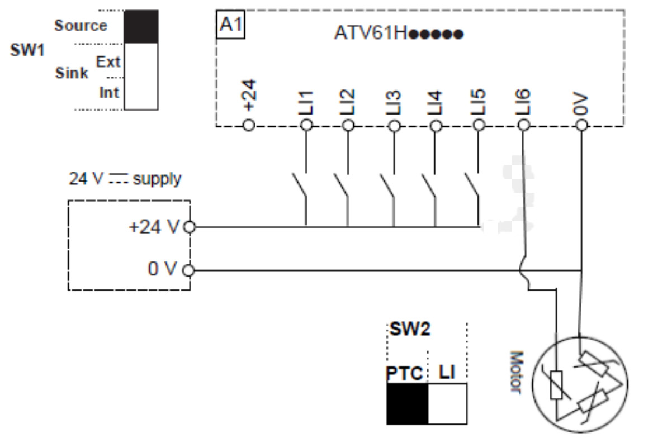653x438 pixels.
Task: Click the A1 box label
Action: [x=230, y=25]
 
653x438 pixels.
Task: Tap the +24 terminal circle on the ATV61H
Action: [x=249, y=125]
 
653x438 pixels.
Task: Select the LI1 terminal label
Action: [x=306, y=102]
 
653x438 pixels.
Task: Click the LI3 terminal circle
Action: [x=394, y=125]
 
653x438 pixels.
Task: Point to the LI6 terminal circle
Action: [x=523, y=125]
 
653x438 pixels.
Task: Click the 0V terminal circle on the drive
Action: [x=582, y=125]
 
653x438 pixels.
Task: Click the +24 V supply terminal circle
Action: [x=190, y=227]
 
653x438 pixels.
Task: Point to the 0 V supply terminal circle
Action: [x=188, y=270]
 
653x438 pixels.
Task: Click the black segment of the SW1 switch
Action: [x=141, y=27]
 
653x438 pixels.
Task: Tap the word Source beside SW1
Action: [x=81, y=25]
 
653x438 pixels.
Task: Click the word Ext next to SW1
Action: [x=108, y=61]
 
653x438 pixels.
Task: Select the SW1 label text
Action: [x=27, y=50]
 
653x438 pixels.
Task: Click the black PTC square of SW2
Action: [x=408, y=404]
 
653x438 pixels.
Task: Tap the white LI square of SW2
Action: [x=447, y=404]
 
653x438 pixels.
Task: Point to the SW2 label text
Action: [x=410, y=329]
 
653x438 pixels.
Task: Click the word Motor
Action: [x=517, y=372]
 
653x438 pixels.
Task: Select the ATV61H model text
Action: [x=399, y=33]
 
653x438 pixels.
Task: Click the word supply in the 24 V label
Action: [x=157, y=179]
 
